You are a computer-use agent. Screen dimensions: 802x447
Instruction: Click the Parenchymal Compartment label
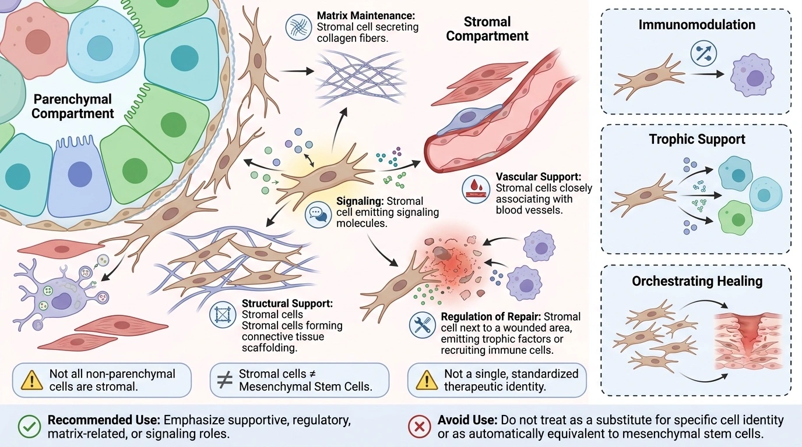coord(73,106)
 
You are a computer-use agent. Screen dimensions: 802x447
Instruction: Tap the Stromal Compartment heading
coord(487,29)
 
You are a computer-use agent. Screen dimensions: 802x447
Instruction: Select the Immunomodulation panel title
coord(697,24)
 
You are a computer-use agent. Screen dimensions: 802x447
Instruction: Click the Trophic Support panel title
coord(697,139)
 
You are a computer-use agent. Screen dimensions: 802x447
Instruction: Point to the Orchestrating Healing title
coord(697,281)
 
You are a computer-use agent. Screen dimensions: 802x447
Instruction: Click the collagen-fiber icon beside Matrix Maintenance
coord(298,27)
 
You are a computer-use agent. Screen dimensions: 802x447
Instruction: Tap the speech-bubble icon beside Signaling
coord(318,214)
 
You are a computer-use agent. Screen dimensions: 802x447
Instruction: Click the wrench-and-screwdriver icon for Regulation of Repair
coord(423,325)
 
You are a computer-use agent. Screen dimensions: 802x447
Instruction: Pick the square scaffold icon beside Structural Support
coord(223,315)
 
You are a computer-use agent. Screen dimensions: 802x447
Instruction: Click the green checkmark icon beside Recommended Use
coord(29,427)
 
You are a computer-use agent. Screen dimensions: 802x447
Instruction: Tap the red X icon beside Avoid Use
coord(419,427)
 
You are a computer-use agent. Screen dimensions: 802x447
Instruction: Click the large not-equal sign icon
coord(225,381)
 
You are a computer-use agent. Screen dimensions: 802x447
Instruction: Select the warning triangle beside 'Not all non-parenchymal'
coord(32,380)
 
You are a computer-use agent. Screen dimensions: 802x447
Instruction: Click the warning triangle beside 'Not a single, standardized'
coord(427,380)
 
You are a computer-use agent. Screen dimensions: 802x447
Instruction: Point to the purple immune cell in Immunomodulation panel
coord(752,75)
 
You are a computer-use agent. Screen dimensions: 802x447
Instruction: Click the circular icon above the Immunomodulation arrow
coord(703,54)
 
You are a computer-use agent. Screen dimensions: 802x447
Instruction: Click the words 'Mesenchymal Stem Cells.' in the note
coord(306,386)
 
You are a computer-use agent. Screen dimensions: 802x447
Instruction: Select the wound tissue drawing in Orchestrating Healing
coord(748,342)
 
